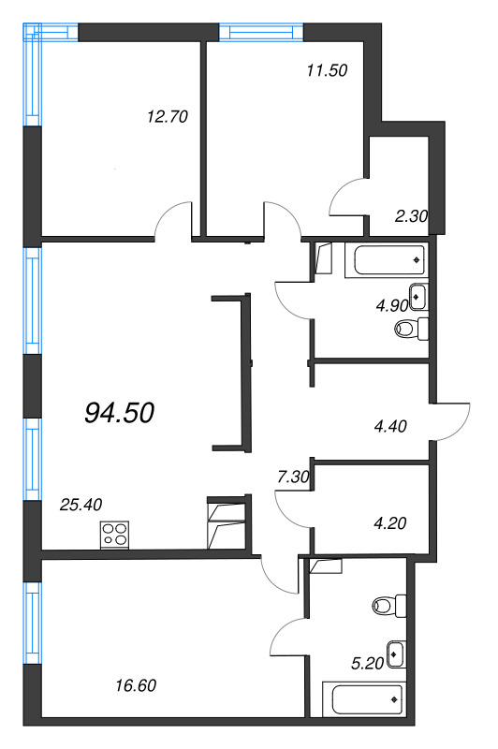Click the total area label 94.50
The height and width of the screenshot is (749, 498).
coord(119,412)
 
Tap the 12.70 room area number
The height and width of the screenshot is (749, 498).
coord(168,117)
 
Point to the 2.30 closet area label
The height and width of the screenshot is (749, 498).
coord(411,215)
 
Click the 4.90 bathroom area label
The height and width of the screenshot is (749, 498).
coord(392,305)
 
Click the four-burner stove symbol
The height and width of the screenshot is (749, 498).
coord(115,536)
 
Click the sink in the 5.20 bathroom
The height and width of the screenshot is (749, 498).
coord(396,652)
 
